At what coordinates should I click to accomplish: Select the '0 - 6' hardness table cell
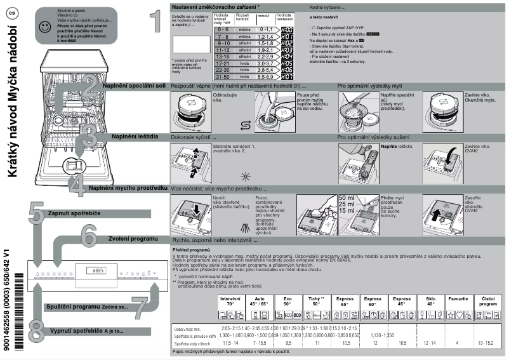[x=223, y=30]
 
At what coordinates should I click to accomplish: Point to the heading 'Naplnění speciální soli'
[x=136, y=85]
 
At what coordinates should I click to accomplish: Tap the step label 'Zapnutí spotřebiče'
[x=76, y=213]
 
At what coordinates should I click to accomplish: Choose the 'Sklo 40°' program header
[x=430, y=301]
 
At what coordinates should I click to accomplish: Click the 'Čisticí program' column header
[x=488, y=301]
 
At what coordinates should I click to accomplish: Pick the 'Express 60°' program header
[x=373, y=301]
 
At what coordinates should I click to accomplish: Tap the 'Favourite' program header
[x=459, y=298]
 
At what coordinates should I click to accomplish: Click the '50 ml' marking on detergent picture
[x=347, y=198]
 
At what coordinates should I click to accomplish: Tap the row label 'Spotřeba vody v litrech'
[x=193, y=343]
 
